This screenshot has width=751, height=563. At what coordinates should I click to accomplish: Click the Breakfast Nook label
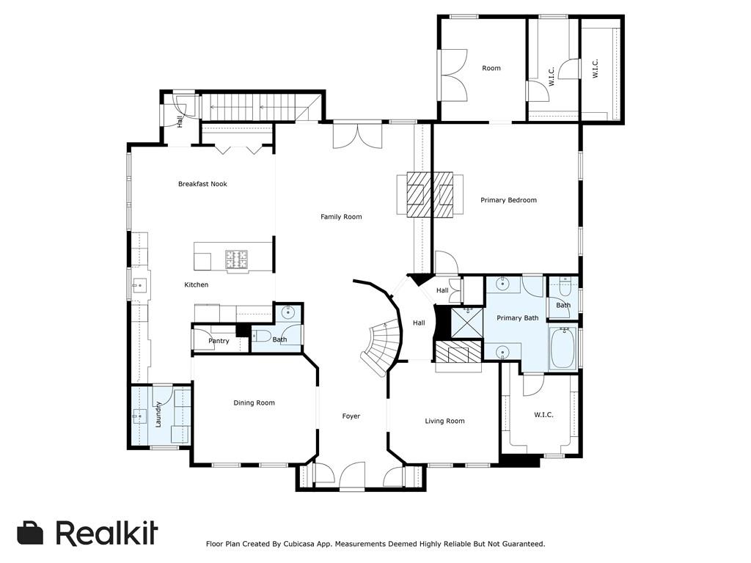pos(202,184)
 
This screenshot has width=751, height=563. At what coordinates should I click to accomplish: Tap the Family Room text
pos(341,217)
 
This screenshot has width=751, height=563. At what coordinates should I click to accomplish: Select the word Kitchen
pos(196,284)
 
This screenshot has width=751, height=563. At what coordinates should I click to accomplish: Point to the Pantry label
pos(219,341)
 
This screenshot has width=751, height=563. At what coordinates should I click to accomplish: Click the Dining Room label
pos(254,402)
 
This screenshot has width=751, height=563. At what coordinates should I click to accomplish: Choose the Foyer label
pos(351,416)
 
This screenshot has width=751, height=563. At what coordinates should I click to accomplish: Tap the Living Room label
pos(444,421)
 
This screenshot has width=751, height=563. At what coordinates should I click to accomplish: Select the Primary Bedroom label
pos(508,200)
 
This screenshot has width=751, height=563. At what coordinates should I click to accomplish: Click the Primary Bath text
pos(517,318)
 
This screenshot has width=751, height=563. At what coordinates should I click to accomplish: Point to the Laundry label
pos(158,414)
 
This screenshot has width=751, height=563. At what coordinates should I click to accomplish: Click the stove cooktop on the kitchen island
pos(236,259)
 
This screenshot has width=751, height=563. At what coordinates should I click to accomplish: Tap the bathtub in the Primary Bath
pos(563,348)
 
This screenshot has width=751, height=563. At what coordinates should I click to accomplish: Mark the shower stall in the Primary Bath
pos(466,321)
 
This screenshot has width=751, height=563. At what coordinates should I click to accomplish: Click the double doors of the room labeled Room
pos(453,75)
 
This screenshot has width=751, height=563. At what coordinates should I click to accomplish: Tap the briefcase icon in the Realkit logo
pos(31,533)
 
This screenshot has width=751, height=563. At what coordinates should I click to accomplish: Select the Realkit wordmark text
pos(106,533)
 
